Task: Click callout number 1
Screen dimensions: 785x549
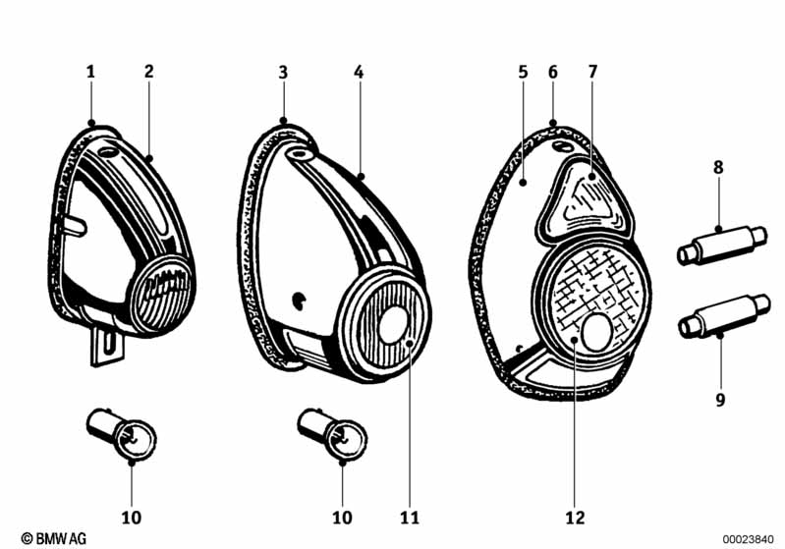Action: tap(90, 72)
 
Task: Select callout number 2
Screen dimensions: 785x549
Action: tap(148, 72)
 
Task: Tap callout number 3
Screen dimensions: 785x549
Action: tap(283, 73)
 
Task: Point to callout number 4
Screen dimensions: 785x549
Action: tap(359, 73)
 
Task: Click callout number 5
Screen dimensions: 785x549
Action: tap(523, 72)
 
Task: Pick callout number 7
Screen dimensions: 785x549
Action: tap(592, 72)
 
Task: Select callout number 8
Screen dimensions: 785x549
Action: tap(718, 167)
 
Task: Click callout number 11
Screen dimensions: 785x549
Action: tap(410, 518)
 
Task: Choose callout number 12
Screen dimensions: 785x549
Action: tap(575, 518)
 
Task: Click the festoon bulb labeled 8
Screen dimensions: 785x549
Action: tap(721, 245)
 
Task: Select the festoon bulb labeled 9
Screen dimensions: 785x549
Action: tap(724, 315)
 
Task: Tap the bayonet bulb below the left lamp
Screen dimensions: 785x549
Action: tap(121, 432)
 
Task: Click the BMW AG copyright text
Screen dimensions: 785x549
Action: tap(54, 538)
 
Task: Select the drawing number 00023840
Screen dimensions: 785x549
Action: tap(748, 539)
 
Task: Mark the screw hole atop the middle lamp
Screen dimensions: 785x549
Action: tap(300, 154)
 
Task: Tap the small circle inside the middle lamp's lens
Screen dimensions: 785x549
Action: tap(394, 325)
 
